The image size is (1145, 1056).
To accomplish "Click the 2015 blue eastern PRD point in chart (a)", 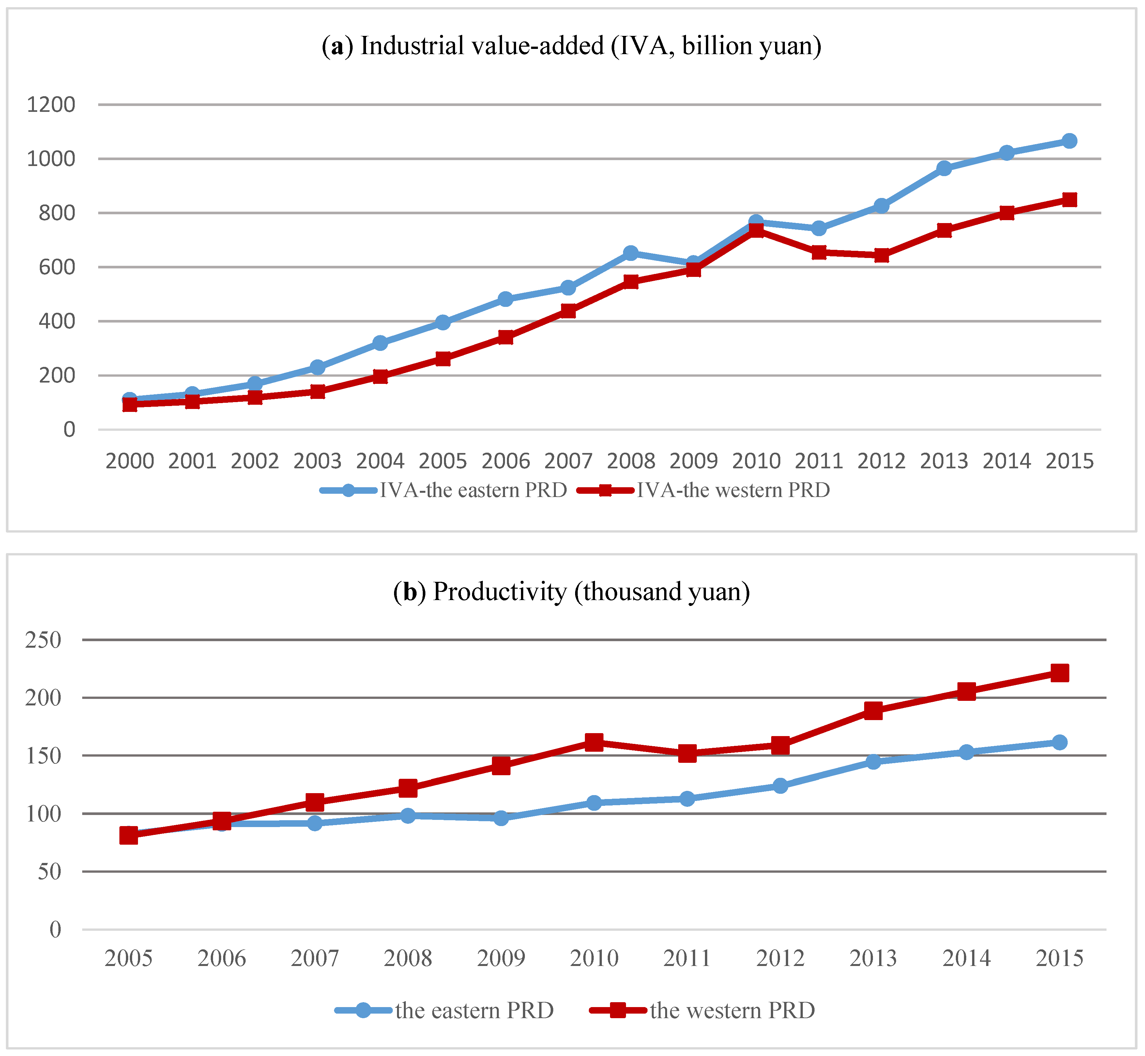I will coord(1069,141).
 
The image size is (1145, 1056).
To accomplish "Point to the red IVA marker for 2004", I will coord(380,376).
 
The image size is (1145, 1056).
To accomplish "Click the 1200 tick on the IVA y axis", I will coord(51,105).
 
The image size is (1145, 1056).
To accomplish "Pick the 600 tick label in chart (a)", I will coord(56,267).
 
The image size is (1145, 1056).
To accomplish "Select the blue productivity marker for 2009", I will coord(501,818).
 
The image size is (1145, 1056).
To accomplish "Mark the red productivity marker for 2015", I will coord(1059,672).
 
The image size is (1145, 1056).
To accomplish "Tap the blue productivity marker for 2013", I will coord(873,761).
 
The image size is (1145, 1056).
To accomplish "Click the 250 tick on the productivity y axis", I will coord(43,640).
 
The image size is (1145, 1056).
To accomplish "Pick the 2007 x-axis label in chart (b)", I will coord(314,958).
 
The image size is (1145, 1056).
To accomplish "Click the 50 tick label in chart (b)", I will coord(49,871).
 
